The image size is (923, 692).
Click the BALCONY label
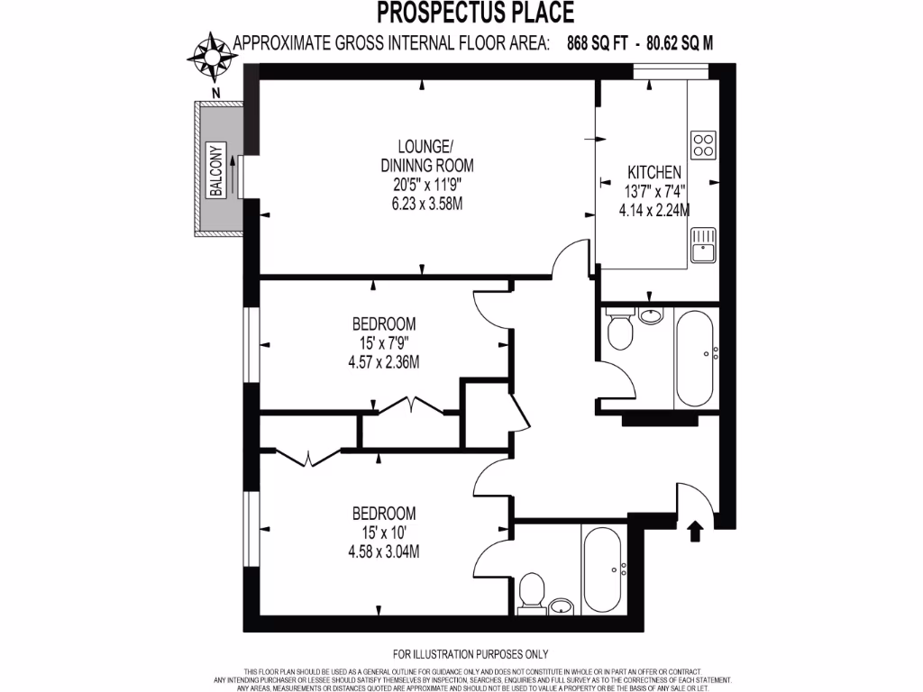[x=216, y=169]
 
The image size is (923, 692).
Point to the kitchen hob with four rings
[x=703, y=144]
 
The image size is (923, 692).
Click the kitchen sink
[x=702, y=243]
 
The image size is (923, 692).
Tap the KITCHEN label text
[x=653, y=172]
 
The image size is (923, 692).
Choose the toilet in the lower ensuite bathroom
[x=531, y=594]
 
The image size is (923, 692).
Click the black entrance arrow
[x=695, y=531]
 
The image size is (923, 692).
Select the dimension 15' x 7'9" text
[x=384, y=343]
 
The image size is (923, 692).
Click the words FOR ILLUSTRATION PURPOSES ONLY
[x=471, y=654]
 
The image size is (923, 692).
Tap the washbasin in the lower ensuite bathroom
[x=561, y=605]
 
